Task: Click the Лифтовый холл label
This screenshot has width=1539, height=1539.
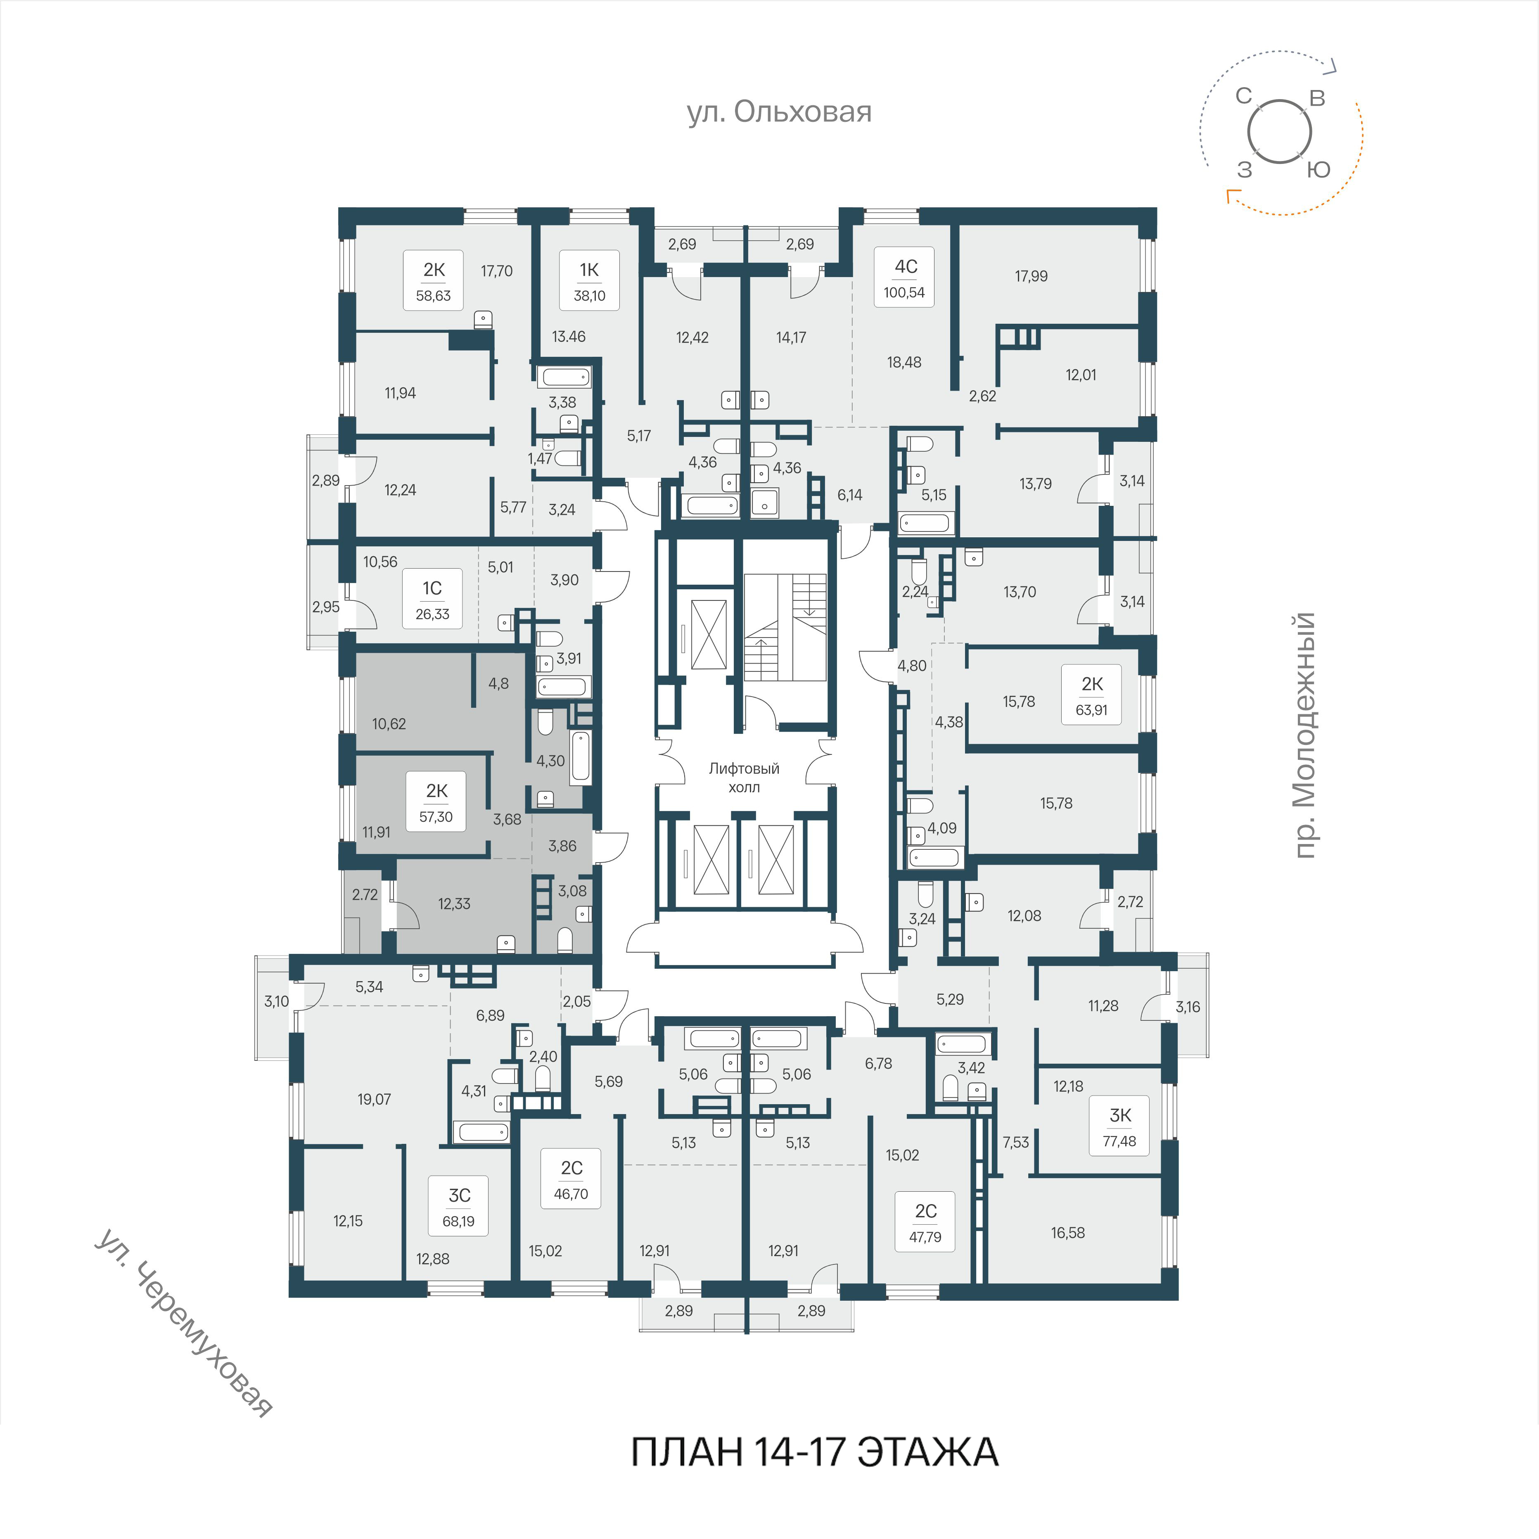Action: tap(744, 778)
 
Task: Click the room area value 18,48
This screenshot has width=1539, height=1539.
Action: tap(904, 363)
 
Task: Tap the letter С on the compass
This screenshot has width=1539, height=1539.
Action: tap(1243, 96)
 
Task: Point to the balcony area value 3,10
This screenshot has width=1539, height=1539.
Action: tap(276, 1001)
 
